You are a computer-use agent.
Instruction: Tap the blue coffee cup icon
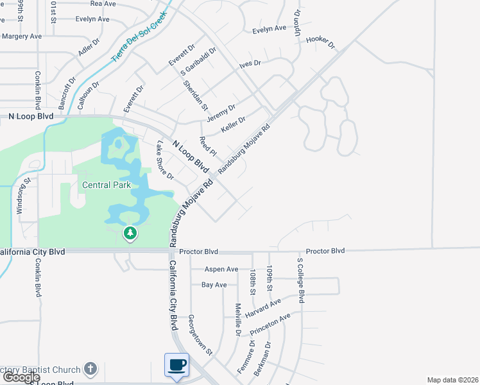tap(177, 366)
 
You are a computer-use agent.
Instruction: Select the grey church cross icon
tap(90, 369)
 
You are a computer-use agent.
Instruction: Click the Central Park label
tap(107, 185)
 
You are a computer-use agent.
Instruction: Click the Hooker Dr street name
tap(321, 42)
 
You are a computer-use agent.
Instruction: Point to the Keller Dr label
tap(233, 125)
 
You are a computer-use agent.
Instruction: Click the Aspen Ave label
tap(221, 269)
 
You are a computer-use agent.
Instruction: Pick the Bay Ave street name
tap(214, 284)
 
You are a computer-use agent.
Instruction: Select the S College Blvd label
tap(300, 280)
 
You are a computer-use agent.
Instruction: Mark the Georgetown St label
tap(200, 334)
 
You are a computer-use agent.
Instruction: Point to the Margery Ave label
tap(22, 37)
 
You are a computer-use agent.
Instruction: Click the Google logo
tap(21, 377)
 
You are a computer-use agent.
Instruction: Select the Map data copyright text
tap(453, 380)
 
